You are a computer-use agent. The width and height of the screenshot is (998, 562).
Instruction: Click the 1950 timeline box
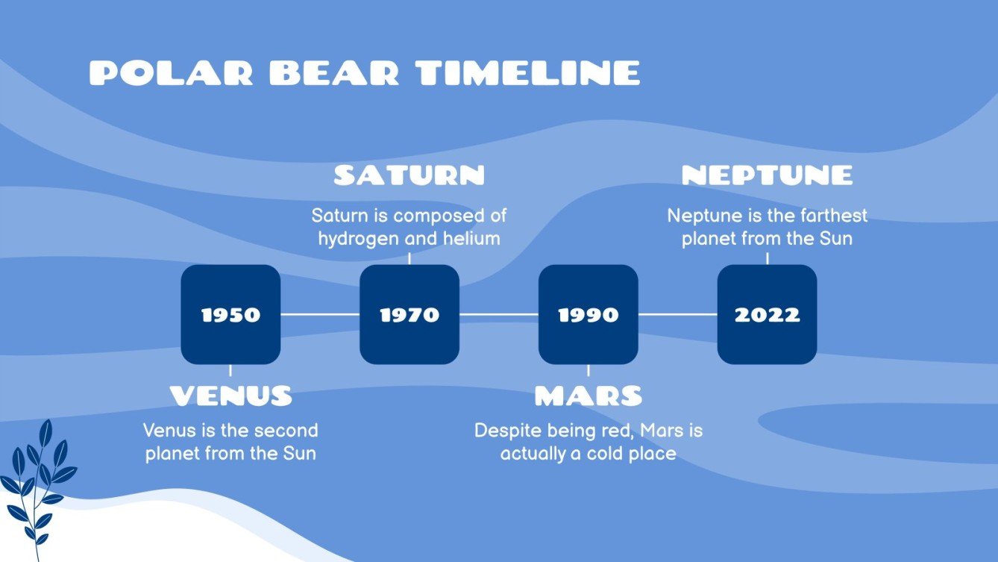pos(230,314)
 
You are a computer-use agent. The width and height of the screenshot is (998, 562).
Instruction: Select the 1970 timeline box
pos(409,314)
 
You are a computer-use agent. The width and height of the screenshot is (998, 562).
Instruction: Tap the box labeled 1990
pos(589,314)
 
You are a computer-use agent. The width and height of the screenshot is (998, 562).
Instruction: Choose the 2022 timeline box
pos(767,314)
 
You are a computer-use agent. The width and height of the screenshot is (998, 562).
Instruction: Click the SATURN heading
pos(409,175)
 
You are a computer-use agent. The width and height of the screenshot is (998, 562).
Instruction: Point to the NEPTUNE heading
pos(767,175)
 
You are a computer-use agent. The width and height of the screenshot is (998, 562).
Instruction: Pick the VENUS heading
pos(230,396)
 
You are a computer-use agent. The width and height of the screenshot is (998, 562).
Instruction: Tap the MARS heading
pos(589,396)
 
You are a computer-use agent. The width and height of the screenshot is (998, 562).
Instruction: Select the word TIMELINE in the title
pos(528,73)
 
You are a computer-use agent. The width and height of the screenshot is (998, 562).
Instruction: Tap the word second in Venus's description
pos(284,431)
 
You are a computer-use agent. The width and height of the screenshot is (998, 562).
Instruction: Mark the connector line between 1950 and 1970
pos(320,314)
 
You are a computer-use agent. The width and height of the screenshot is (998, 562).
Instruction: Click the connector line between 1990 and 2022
pos(677,314)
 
